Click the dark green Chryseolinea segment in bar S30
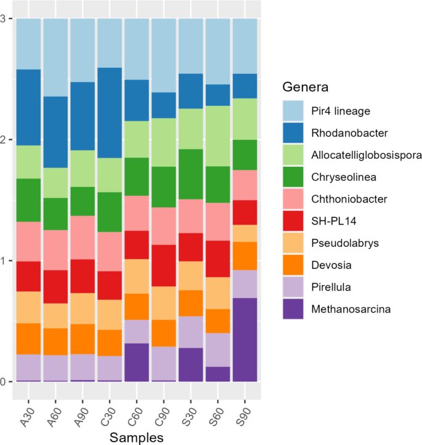click(190, 174)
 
